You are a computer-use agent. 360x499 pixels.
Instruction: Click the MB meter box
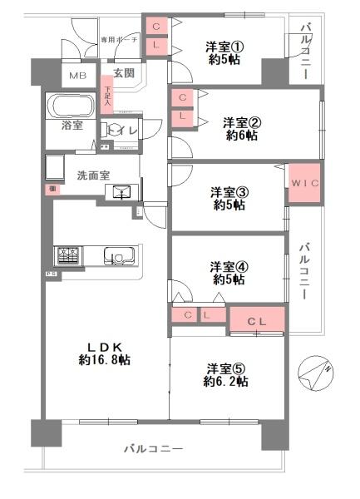pyautogui.click(x=78, y=76)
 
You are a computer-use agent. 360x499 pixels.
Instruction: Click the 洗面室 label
pyautogui.click(x=93, y=175)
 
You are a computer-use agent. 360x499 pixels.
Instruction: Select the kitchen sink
pyautogui.click(x=116, y=255)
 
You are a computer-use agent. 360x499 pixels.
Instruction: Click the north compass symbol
pyautogui.click(x=317, y=370)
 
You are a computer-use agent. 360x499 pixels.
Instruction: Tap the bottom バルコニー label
pyautogui.click(x=154, y=448)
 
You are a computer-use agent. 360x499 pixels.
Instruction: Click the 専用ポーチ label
pyautogui.click(x=117, y=39)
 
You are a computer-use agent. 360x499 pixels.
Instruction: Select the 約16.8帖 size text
pyautogui.click(x=104, y=360)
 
